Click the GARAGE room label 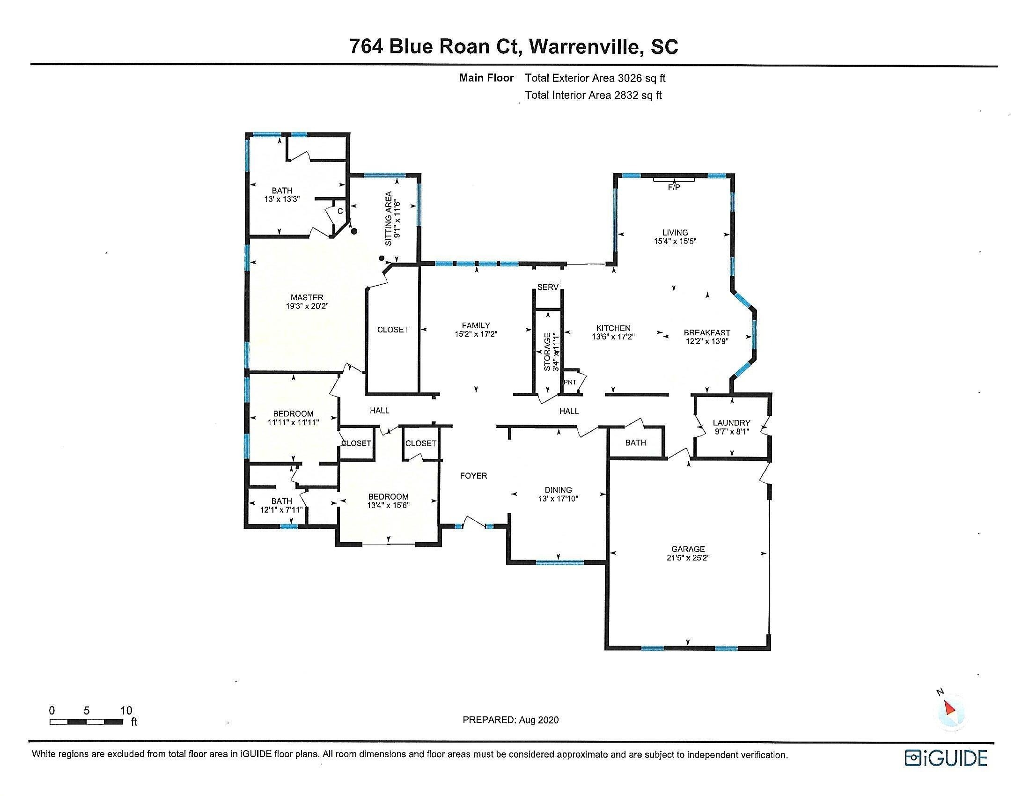(x=688, y=549)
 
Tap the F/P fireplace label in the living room (x=674, y=187)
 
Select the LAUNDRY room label (x=731, y=423)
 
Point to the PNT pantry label (x=570, y=382)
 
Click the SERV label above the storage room (x=548, y=287)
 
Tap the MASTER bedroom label (x=307, y=297)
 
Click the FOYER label (x=473, y=476)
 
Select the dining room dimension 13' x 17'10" (x=559, y=499)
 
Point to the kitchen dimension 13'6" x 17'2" (x=614, y=337)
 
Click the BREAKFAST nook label (x=707, y=332)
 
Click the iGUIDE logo (x=946, y=758)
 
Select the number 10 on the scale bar (x=126, y=710)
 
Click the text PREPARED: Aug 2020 (x=511, y=720)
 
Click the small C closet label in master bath (x=340, y=211)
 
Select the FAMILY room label (x=476, y=325)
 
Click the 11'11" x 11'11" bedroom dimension (x=294, y=422)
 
